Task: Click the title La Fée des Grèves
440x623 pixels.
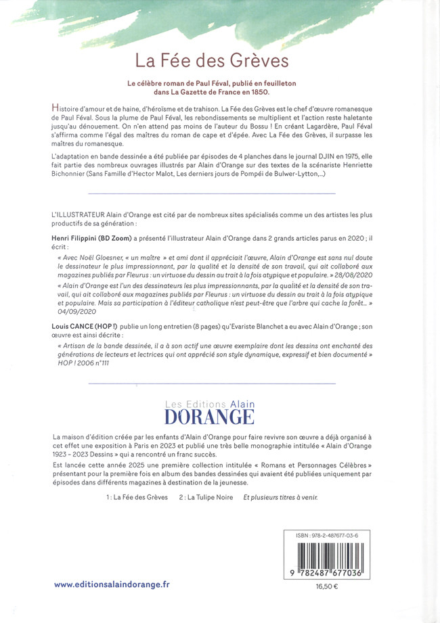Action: coord(212,61)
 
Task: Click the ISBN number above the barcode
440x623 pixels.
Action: coord(339,535)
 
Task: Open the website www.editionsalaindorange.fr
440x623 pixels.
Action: coord(112,584)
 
